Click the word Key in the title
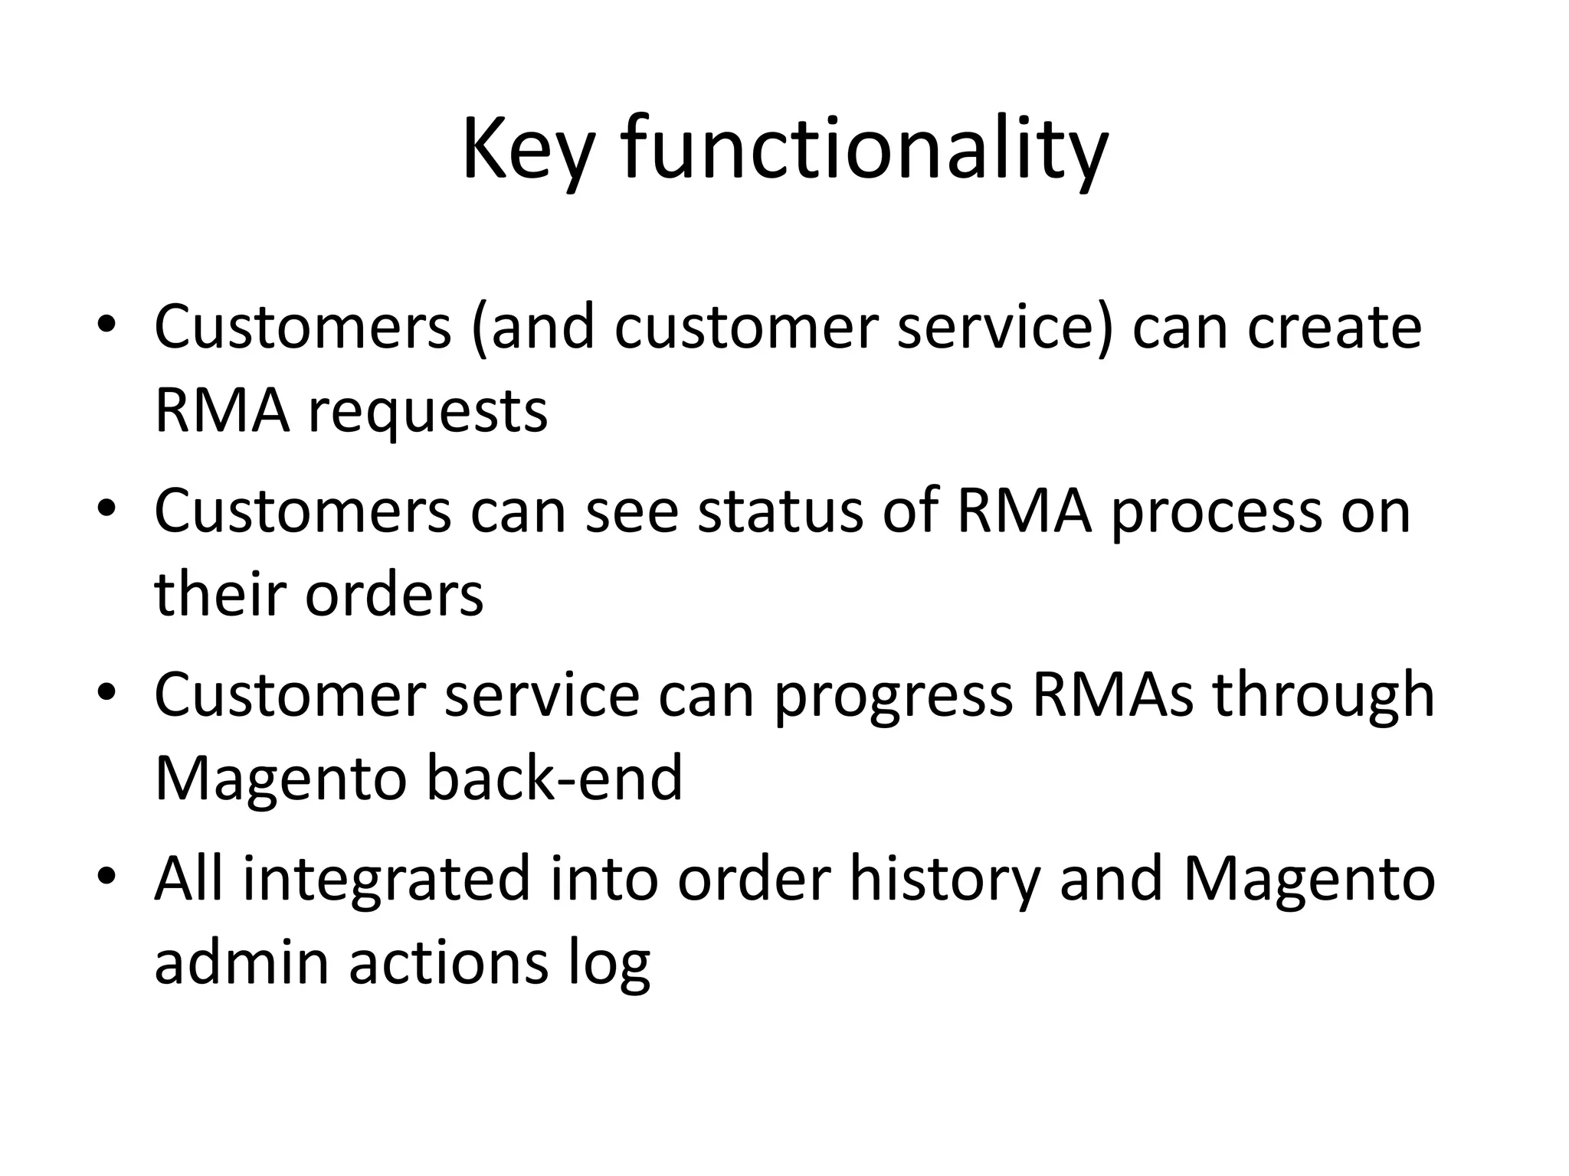[x=527, y=149]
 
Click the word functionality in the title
[x=864, y=149]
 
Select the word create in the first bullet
[x=1334, y=328]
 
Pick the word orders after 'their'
[x=394, y=594]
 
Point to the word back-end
[x=553, y=778]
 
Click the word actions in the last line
[x=449, y=962]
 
